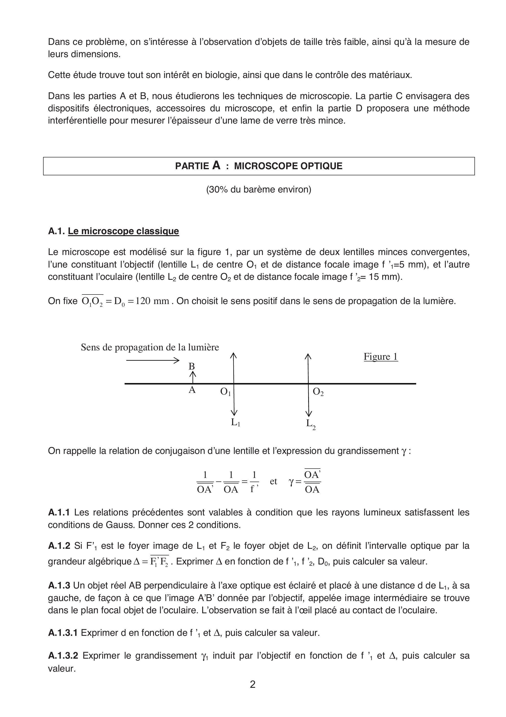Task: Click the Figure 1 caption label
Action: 381,357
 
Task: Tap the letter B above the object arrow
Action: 192,366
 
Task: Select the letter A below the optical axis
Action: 192,390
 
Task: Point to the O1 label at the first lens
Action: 225,392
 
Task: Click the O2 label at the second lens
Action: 318,392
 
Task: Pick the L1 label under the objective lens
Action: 235,423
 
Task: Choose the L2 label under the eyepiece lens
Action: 310,424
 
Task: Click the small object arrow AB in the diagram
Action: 193,377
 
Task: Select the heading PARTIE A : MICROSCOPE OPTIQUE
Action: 259,166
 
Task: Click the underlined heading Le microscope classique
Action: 123,231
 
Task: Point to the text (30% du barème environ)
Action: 259,190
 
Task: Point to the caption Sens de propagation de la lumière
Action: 150,347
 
